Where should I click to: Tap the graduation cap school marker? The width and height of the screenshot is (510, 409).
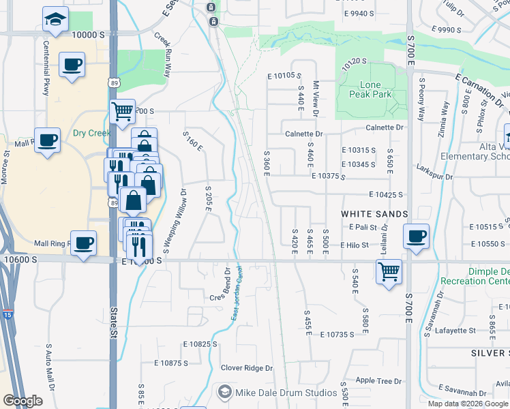pos(55,20)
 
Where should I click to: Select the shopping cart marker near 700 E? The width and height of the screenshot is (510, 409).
pos(389,271)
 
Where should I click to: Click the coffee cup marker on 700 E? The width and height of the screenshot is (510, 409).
pos(417,237)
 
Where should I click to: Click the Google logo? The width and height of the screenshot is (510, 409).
pos(22,401)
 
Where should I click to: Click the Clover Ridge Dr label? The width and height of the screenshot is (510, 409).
pos(246,368)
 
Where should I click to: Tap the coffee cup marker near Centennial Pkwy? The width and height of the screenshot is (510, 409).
pos(72,66)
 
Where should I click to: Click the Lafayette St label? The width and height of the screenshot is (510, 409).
pos(455,331)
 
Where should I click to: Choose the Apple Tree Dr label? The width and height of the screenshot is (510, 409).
pos(378,381)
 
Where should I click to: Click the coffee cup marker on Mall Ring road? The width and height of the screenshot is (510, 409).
pos(83,243)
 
